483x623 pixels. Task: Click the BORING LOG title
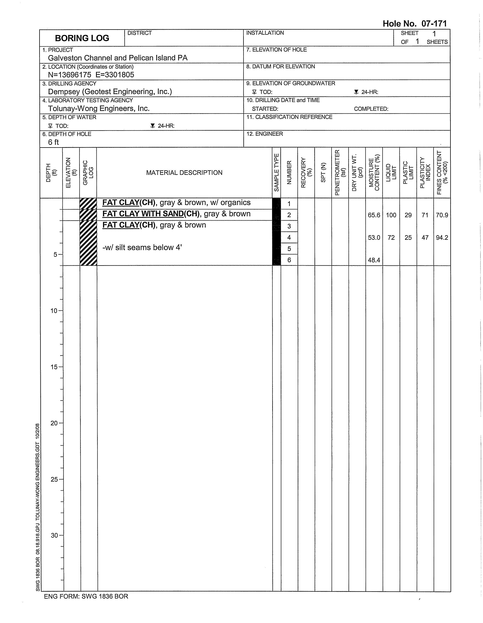[x=82, y=38]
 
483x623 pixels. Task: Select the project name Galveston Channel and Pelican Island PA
[x=118, y=58]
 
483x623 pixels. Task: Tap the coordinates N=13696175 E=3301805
[x=91, y=75]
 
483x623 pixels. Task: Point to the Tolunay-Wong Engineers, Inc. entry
[x=99, y=108]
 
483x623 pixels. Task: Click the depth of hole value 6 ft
[x=53, y=142]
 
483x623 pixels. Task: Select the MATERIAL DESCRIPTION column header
[x=184, y=173]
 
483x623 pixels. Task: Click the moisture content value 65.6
[x=374, y=215]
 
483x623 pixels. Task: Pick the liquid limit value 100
[x=391, y=215]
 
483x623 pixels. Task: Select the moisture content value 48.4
[x=374, y=260]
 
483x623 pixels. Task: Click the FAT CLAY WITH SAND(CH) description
[x=176, y=214]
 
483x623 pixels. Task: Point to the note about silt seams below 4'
[x=142, y=247]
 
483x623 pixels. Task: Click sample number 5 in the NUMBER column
[x=289, y=249]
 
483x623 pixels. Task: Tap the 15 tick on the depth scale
[x=54, y=367]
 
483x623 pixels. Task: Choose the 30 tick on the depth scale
[x=54, y=535]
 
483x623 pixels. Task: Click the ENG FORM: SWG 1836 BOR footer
[x=86, y=596]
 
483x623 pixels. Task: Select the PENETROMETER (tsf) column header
[x=340, y=173]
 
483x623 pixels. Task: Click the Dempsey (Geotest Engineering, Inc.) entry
[x=110, y=92]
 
